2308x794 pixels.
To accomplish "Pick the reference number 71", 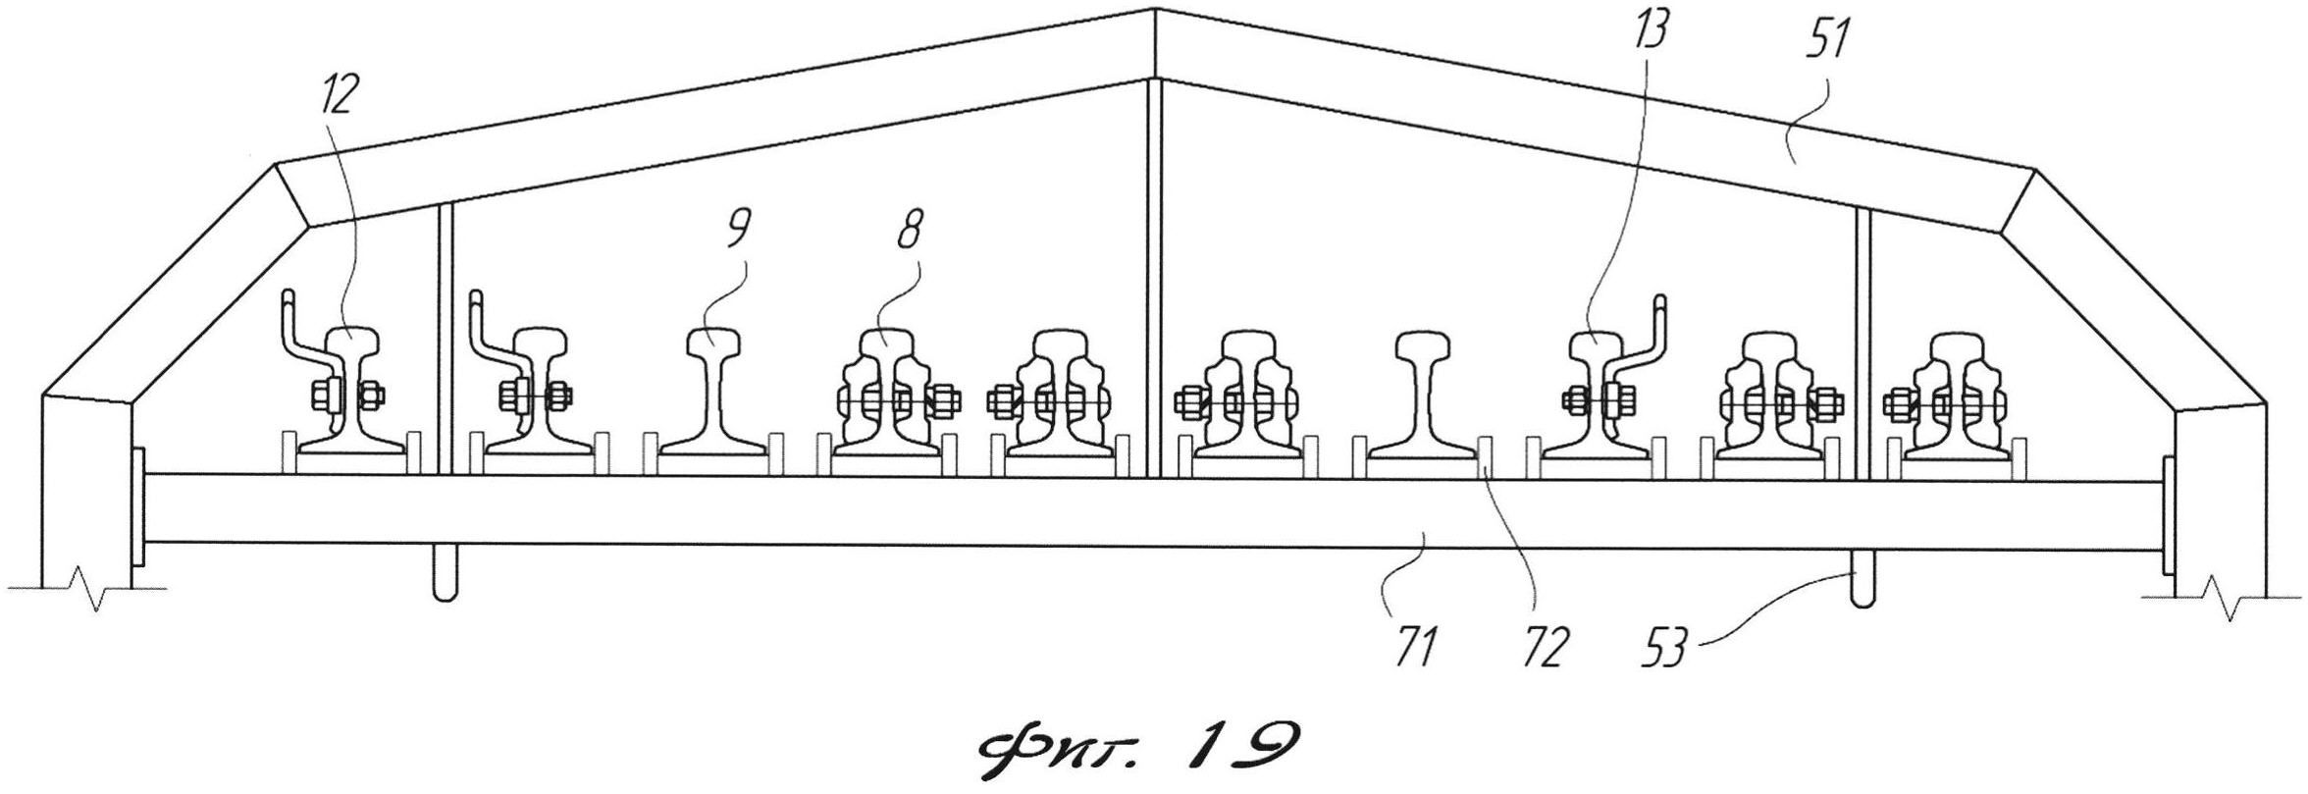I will (x=1416, y=648).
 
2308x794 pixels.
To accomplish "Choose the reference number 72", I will (x=1543, y=648).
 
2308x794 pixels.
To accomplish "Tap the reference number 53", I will (x=1667, y=648).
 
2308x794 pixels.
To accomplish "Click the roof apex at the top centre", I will (x=1154, y=12).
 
